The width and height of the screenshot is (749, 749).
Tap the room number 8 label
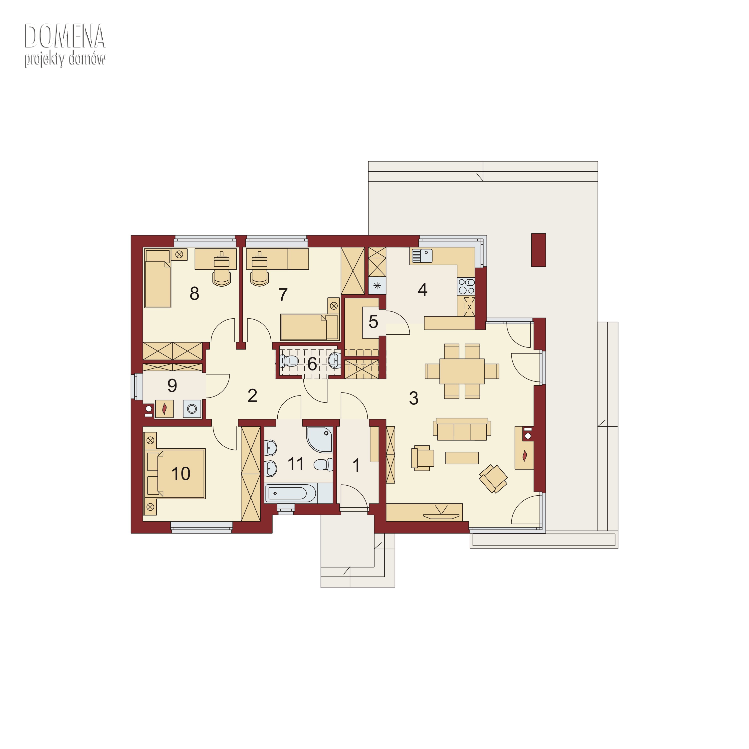point(194,293)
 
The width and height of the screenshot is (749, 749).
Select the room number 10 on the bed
point(181,473)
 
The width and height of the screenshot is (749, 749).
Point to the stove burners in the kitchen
point(466,287)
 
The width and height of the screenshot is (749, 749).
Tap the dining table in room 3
point(462,371)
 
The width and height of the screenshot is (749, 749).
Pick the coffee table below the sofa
point(462,458)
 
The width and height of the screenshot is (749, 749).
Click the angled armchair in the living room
point(493,479)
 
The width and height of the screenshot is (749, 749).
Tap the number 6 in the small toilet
point(312,364)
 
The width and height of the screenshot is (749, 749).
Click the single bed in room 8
point(157,279)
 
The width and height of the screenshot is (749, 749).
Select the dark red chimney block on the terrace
point(538,250)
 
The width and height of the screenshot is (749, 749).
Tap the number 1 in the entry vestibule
point(356,465)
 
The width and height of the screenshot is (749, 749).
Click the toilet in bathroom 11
point(323,464)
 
